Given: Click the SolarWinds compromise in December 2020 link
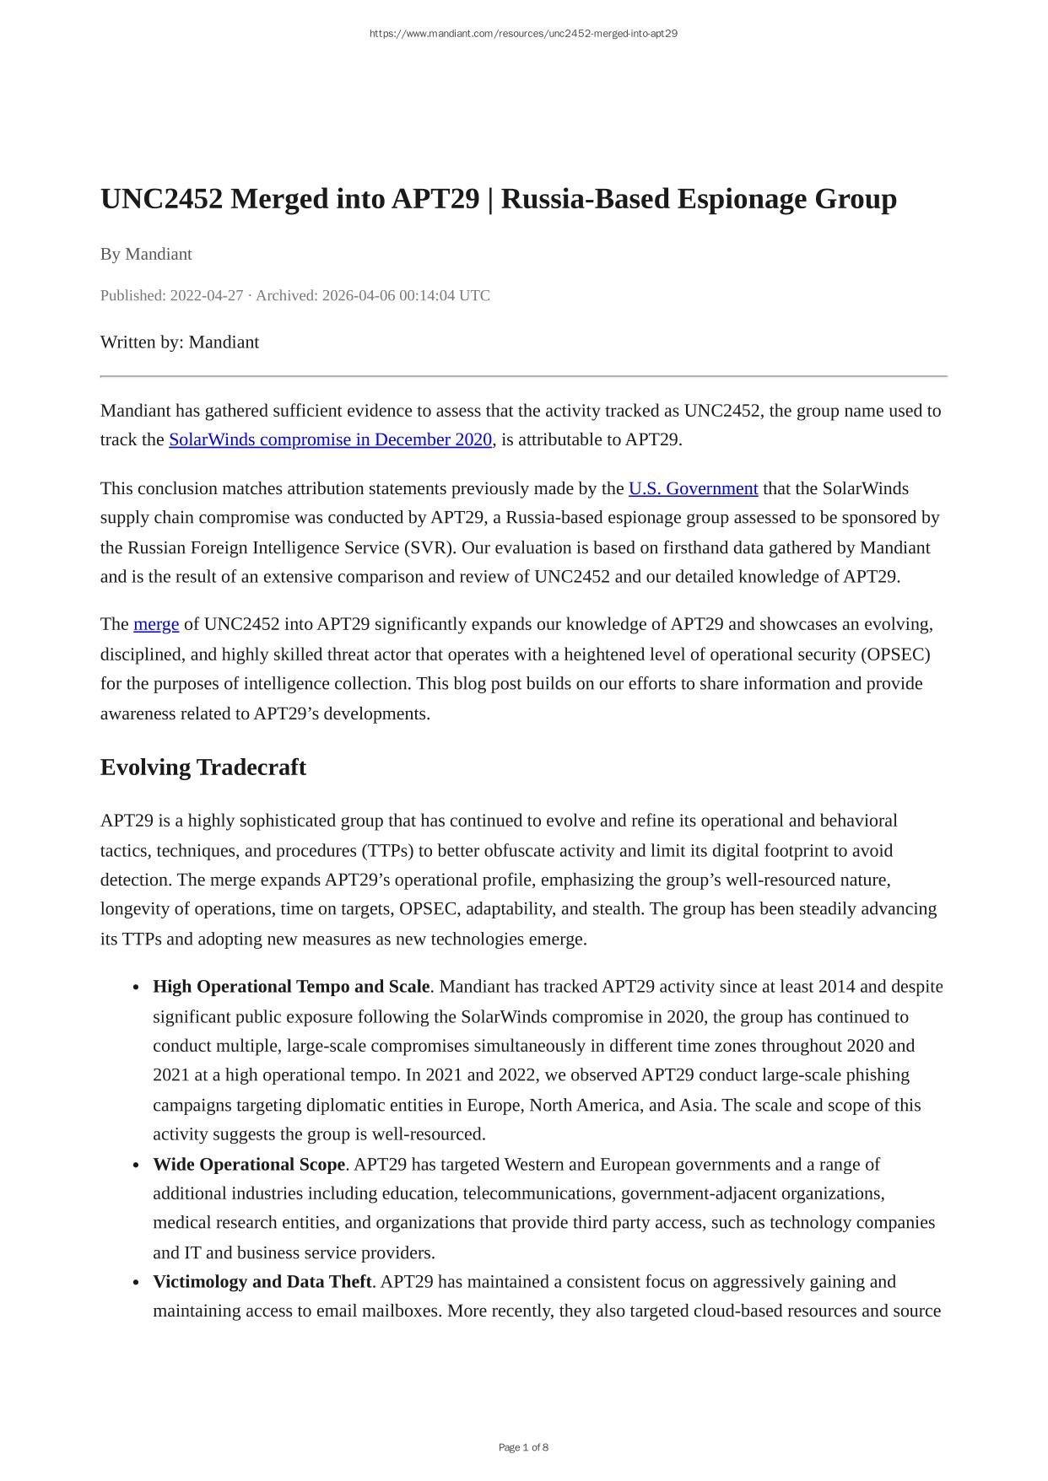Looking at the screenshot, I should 330,439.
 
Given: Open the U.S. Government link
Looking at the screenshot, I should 693,488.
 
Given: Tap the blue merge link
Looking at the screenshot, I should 156,624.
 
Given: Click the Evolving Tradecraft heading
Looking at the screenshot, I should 203,767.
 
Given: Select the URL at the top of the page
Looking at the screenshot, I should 523,34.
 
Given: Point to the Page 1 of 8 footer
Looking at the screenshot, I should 523,1447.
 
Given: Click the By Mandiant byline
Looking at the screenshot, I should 146,254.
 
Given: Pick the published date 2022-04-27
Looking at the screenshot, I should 206,295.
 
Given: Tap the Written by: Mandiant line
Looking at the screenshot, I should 179,342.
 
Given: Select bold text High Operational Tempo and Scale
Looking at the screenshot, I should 291,987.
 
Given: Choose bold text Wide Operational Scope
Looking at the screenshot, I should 249,1165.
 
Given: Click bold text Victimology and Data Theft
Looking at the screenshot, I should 262,1282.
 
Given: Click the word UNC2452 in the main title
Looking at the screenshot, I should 161,199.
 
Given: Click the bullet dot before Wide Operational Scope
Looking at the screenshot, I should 135,1166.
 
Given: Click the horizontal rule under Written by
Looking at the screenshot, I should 523,376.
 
